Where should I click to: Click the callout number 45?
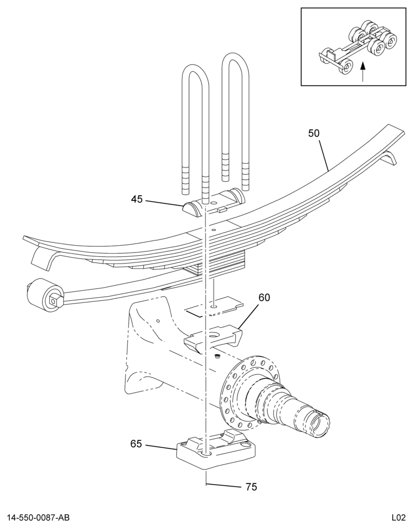click(x=137, y=199)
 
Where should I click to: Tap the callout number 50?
click(x=313, y=133)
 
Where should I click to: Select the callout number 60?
click(x=264, y=297)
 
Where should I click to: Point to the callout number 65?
click(x=136, y=444)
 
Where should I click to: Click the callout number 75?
click(x=251, y=487)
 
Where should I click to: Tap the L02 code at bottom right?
click(x=399, y=518)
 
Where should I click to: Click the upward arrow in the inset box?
click(x=363, y=71)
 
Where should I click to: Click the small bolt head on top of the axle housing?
click(x=217, y=356)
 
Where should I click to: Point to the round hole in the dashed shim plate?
click(x=213, y=306)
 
